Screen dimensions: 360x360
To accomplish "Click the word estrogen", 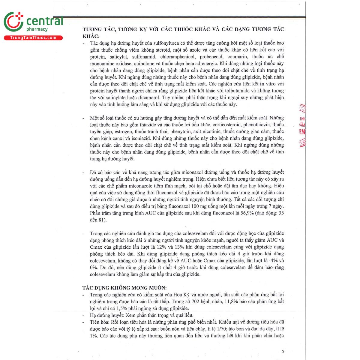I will pyautogui.click(x=123, y=131).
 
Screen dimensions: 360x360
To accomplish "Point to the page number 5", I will pyautogui.click(x=283, y=352).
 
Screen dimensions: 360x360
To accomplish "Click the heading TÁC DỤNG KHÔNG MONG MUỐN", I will pyautogui.click(x=124, y=288).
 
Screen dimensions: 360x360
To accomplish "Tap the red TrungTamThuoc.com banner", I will pyautogui.click(x=33, y=38).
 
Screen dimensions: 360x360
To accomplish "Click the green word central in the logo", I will pyautogui.click(x=45, y=21).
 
